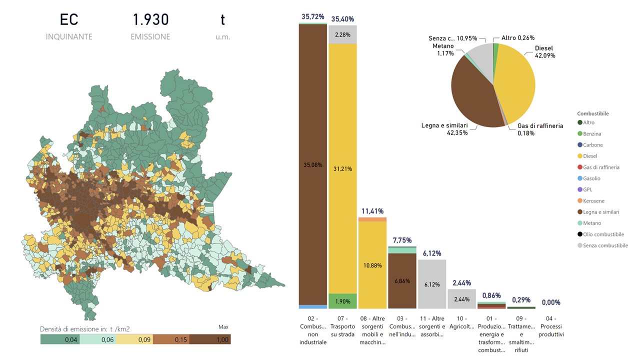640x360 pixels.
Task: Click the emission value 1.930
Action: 150,20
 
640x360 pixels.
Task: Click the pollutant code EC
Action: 69,20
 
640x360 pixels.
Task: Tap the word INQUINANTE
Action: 69,37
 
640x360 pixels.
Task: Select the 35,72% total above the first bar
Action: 312,16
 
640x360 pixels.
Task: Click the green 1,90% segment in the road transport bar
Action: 342,301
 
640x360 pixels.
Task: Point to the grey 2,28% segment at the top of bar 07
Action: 342,34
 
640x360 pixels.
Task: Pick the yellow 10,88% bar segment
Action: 372,265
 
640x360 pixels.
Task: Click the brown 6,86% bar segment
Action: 402,281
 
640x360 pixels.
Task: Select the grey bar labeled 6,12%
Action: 432,284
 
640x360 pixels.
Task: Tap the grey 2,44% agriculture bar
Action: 461,299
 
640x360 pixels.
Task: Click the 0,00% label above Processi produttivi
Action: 551,302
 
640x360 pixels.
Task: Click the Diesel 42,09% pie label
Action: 544,52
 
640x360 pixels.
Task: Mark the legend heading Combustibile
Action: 593,113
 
